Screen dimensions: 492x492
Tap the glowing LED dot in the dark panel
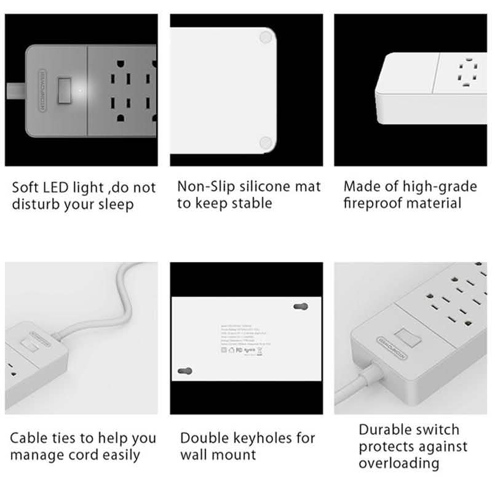(81, 91)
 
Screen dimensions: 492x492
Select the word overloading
(399, 463)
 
